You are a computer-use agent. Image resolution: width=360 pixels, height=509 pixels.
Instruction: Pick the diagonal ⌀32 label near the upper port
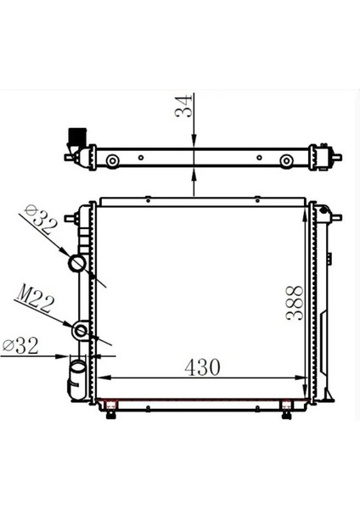click(41, 220)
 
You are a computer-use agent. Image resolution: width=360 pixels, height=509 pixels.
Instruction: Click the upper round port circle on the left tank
click(80, 263)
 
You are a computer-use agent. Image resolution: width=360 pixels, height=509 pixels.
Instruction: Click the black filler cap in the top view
click(76, 136)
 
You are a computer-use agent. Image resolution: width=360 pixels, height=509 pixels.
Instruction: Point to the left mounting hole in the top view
click(112, 160)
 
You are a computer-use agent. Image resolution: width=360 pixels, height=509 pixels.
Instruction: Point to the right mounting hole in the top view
click(282, 160)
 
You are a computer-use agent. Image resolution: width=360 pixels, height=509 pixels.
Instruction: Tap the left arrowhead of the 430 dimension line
click(104, 378)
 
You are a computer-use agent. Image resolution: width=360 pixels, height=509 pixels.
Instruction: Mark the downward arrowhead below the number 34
click(195, 143)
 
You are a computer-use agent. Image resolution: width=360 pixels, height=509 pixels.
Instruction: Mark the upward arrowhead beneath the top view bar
click(195, 175)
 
